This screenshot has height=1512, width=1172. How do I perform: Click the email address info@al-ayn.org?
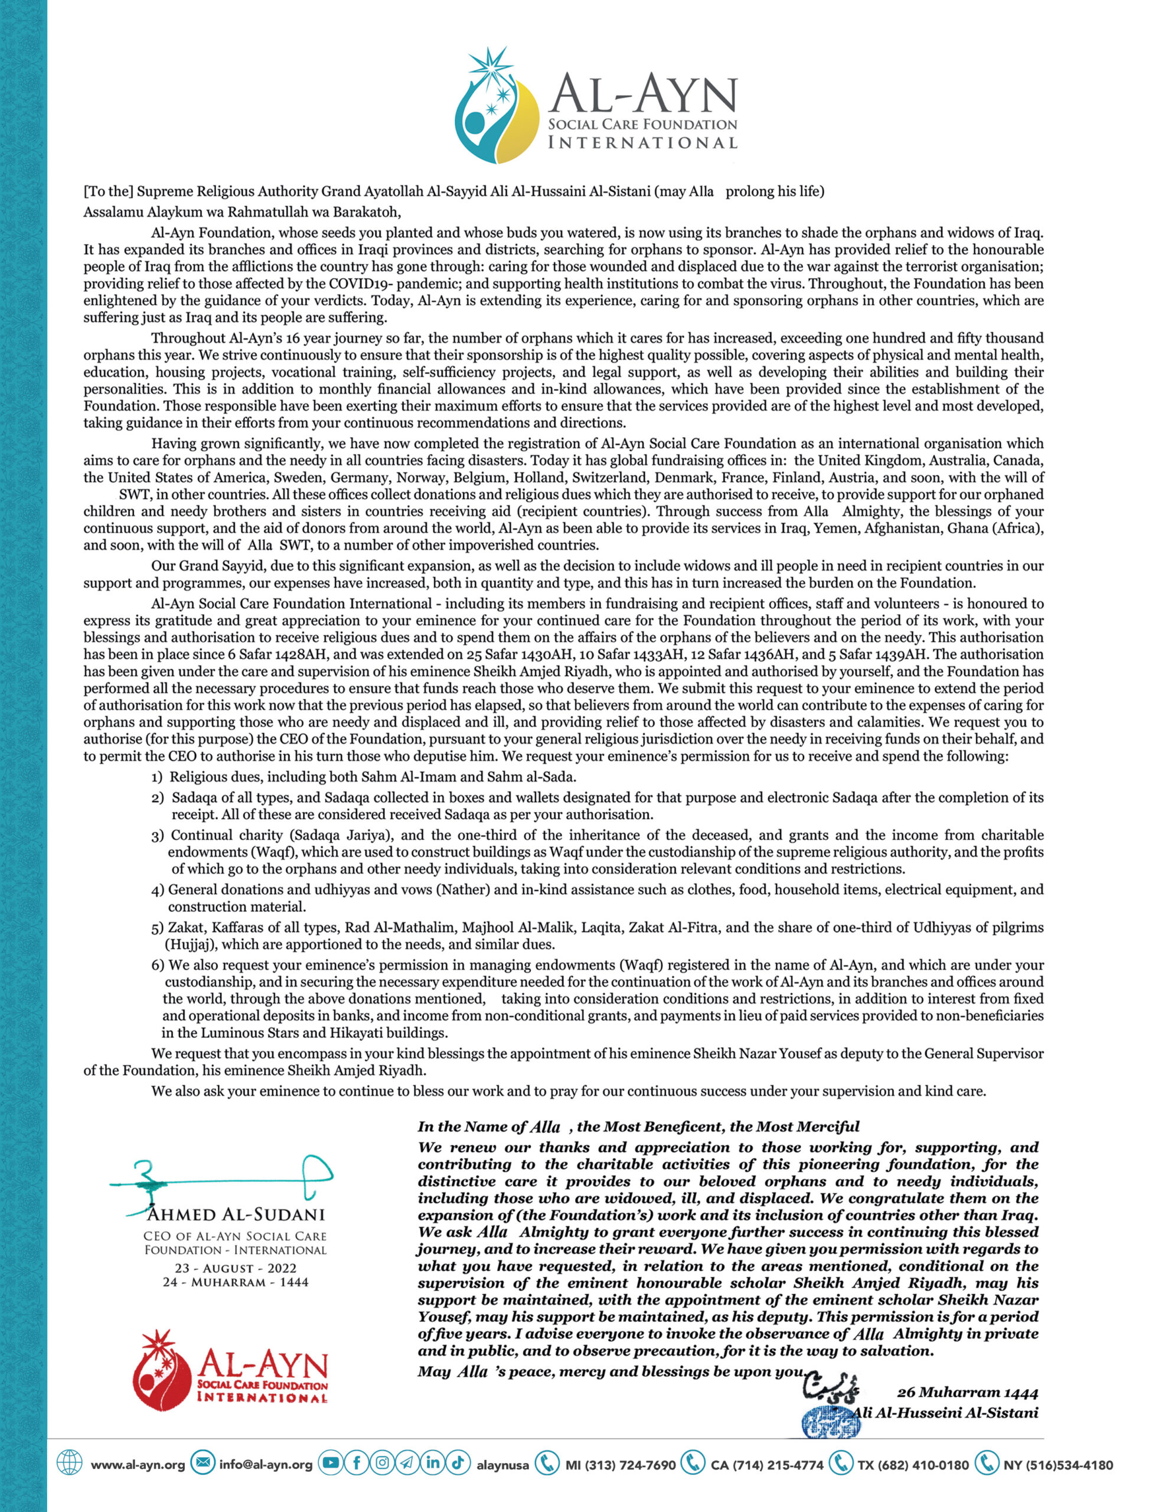point(266,1465)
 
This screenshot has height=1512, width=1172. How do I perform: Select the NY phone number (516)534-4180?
point(1069,1465)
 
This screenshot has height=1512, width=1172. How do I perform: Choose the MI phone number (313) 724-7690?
point(621,1465)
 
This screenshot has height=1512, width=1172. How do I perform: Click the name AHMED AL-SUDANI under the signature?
point(236,1215)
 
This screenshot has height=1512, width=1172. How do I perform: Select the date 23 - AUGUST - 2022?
point(236,1268)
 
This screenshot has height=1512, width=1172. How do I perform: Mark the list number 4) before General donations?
point(158,889)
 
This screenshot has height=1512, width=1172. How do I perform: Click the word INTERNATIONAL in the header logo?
point(642,142)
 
